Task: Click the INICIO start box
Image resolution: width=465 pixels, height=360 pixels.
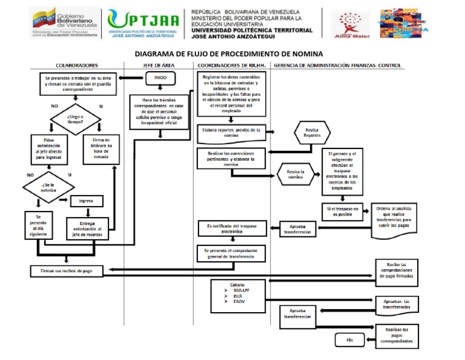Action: tap(160, 78)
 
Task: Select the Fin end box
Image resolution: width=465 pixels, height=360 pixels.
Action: tap(349, 340)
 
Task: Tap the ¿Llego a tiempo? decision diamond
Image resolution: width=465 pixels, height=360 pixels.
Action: tap(76, 118)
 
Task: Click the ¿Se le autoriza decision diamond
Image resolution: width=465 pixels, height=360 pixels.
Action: tap(49, 187)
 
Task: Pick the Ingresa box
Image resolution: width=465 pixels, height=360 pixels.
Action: tap(87, 201)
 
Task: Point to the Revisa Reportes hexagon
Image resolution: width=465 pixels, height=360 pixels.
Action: tap(312, 132)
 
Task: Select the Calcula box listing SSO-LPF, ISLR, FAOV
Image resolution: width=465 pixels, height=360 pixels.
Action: tap(237, 293)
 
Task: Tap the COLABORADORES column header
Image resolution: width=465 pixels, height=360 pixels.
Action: tap(77, 65)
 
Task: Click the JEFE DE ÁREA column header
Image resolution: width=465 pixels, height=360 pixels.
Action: tap(160, 65)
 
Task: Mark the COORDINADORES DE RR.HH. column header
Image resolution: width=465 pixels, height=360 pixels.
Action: tap(231, 65)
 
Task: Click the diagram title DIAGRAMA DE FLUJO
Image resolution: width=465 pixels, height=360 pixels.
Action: tap(228, 53)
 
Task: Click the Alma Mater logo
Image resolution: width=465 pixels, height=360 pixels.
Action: tap(348, 24)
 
